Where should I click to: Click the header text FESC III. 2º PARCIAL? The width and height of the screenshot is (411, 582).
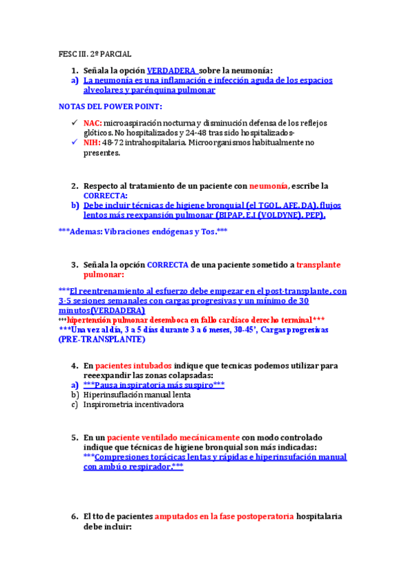(94, 54)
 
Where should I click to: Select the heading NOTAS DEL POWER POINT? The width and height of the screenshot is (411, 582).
(110, 106)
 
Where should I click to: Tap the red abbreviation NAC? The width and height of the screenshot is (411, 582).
(93, 122)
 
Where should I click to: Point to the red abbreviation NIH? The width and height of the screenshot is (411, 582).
(92, 143)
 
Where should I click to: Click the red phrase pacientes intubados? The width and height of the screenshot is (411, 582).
(134, 366)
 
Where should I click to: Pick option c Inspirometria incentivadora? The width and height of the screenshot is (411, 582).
(133, 405)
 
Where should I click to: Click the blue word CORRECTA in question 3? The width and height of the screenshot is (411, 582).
(168, 264)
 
